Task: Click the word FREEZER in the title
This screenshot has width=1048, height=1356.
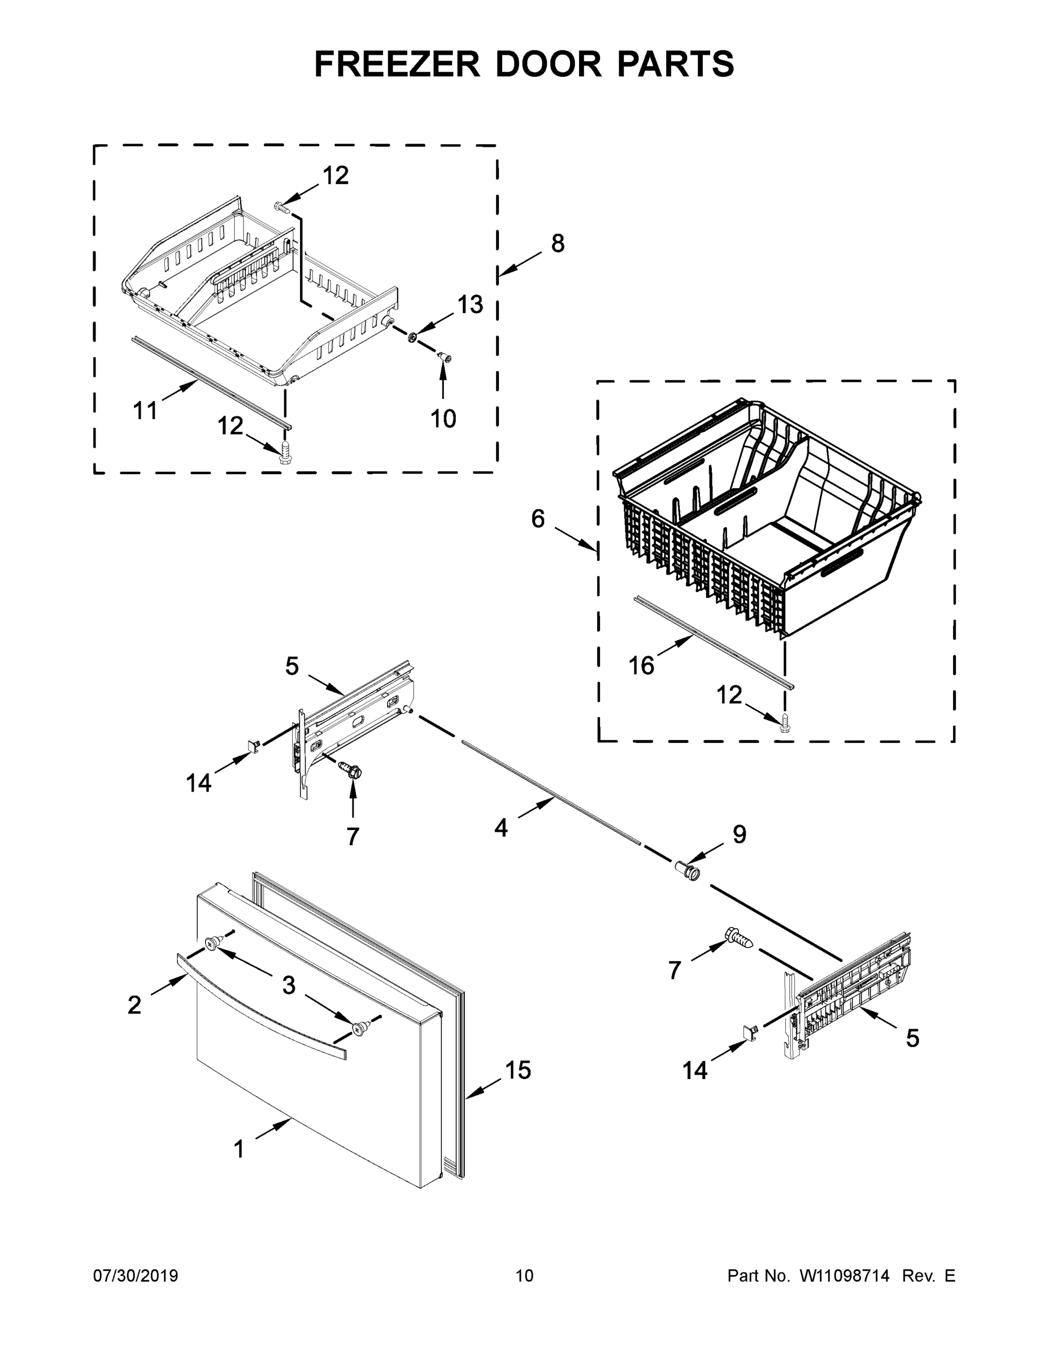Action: pyautogui.click(x=397, y=64)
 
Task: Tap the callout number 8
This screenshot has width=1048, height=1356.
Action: pyautogui.click(x=558, y=244)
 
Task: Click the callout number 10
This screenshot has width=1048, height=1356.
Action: pyautogui.click(x=443, y=419)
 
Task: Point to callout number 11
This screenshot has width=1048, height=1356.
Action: pyautogui.click(x=145, y=410)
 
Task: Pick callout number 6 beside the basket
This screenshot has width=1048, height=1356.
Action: pyautogui.click(x=538, y=519)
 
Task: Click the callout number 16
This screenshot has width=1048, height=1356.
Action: pyautogui.click(x=641, y=666)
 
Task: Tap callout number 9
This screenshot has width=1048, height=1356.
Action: pyautogui.click(x=739, y=835)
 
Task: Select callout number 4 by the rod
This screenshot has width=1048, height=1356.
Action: pyautogui.click(x=501, y=828)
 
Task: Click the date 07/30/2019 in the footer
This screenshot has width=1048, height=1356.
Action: pyautogui.click(x=136, y=1275)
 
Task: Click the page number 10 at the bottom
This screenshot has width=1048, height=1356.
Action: pyautogui.click(x=524, y=1275)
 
